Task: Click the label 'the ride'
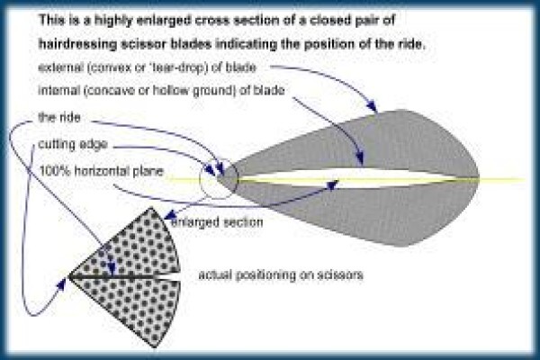59,118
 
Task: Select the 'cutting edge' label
73,144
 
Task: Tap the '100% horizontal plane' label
102,171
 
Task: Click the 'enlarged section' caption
217,222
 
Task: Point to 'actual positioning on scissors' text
281,274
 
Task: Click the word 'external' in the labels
60,67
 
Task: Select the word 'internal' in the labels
58,90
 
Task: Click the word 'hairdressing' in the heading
77,44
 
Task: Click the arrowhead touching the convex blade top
372,106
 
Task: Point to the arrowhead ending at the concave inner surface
359,158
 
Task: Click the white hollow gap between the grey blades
345,179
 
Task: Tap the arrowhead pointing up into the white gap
332,185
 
